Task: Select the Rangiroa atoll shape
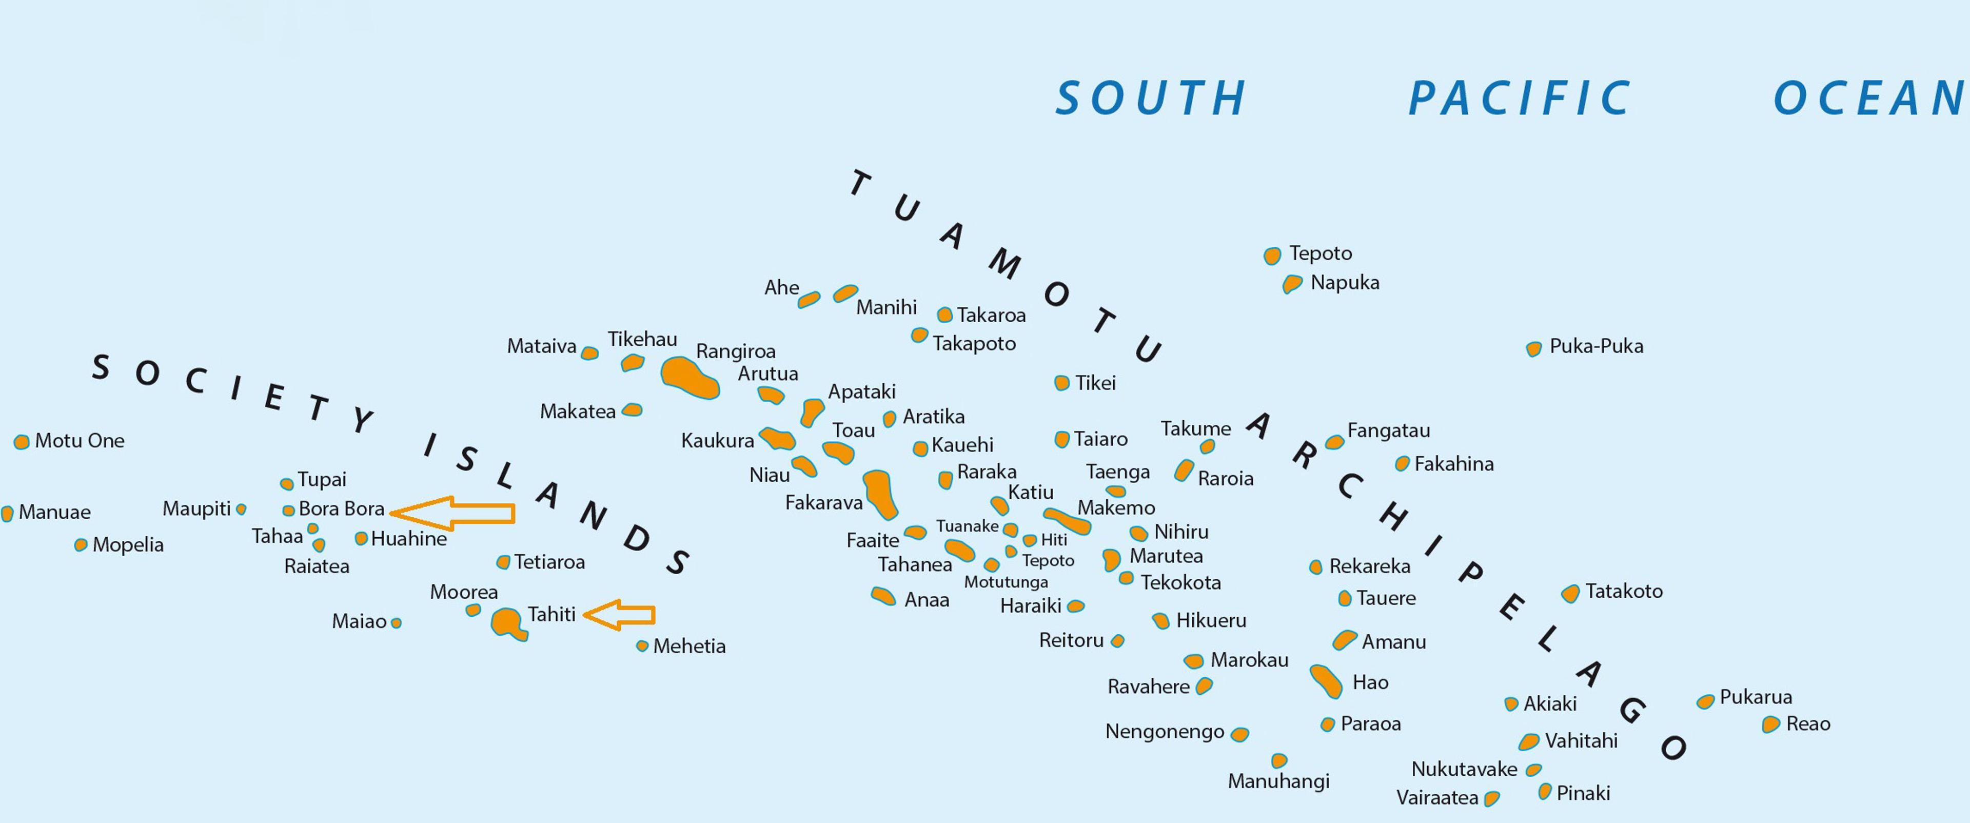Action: coord(688,378)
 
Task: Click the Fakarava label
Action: coord(823,502)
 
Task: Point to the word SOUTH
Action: coord(1151,99)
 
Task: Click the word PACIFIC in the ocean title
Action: coord(1520,99)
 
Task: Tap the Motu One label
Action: coord(80,441)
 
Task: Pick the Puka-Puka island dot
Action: coord(1533,349)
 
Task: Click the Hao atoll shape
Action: coord(1326,681)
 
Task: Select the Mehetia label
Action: coord(689,646)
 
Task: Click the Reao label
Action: coord(1808,723)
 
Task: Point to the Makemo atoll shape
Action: coord(1067,522)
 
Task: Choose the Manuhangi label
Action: coord(1278,781)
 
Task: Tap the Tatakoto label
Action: coord(1624,591)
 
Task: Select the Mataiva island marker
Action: coord(589,354)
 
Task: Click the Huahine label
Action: coord(409,538)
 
